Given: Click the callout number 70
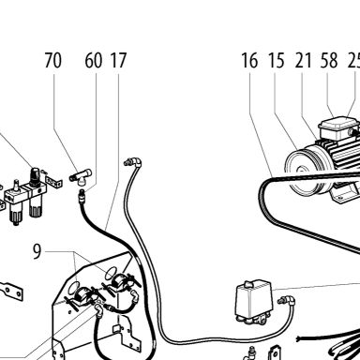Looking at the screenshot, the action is pyautogui.click(x=52, y=60).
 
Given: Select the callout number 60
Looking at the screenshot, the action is pyautogui.click(x=93, y=60).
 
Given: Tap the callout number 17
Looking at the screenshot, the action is pyautogui.click(x=118, y=60).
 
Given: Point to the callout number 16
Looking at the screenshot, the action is pyautogui.click(x=249, y=60).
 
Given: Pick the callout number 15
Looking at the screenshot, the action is pyautogui.click(x=277, y=60).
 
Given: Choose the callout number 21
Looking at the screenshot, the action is pyautogui.click(x=303, y=60).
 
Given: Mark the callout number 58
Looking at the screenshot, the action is pyautogui.click(x=329, y=60).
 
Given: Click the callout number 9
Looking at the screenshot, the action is pyautogui.click(x=37, y=251).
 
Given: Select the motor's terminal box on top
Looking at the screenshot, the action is pyautogui.click(x=334, y=127).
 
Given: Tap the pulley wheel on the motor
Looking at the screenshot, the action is pyautogui.click(x=303, y=171).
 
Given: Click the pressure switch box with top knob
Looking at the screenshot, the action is pyautogui.click(x=253, y=302).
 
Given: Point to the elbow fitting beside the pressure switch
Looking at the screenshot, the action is pyautogui.click(x=286, y=301).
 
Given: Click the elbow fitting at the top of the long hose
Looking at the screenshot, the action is pyautogui.click(x=133, y=162).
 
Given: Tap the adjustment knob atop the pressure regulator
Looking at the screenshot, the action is pyautogui.click(x=35, y=174).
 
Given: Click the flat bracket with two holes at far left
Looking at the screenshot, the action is pyautogui.click(x=11, y=292).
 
